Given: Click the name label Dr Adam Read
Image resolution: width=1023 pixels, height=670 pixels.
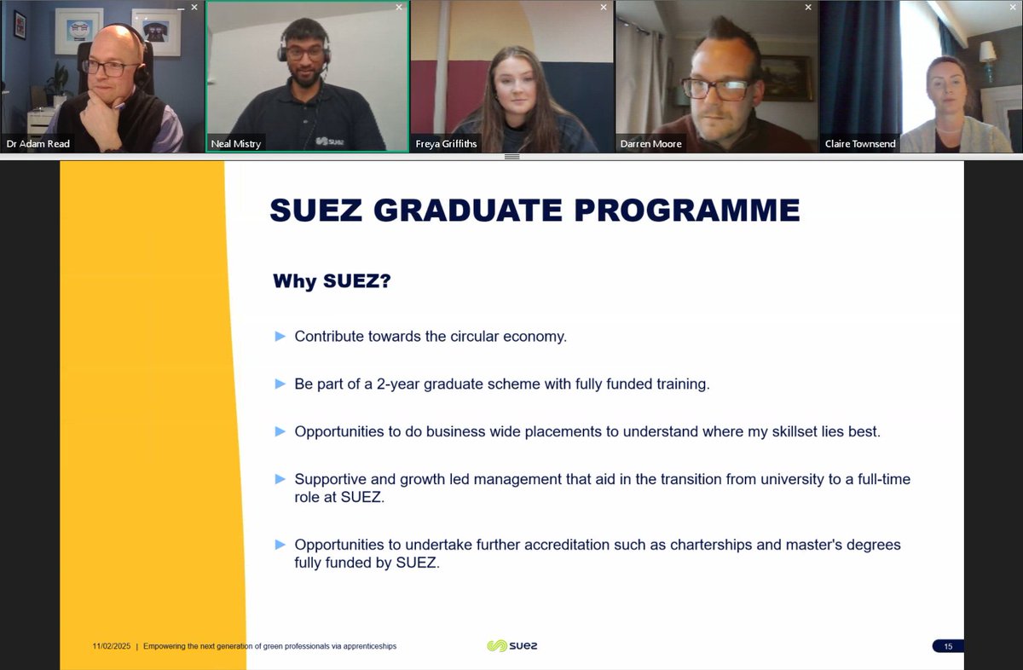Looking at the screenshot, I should click(38, 144).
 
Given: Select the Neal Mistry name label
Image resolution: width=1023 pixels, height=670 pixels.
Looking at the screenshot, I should click(234, 144).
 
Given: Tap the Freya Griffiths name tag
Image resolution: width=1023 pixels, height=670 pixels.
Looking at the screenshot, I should click(446, 144).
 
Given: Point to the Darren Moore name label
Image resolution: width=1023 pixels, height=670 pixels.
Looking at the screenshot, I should click(651, 144).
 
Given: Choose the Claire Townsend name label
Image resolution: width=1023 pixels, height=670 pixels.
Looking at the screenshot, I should click(860, 144).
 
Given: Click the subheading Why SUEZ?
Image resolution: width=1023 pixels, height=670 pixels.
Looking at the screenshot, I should click(332, 280).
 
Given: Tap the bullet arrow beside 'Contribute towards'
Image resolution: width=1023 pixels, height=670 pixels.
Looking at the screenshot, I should click(280, 337).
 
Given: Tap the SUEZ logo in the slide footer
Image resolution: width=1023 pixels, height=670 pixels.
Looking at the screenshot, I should click(511, 646).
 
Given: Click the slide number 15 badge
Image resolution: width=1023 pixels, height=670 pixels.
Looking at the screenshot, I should click(947, 646).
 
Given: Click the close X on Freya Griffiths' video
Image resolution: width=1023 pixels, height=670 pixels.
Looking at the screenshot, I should click(604, 7).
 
